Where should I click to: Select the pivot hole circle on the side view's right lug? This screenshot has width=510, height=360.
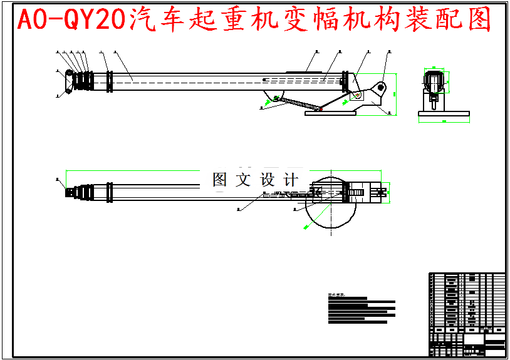click(x=381, y=87)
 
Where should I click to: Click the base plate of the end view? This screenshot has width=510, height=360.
click(x=444, y=113)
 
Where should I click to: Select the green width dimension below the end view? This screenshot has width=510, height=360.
click(x=444, y=120)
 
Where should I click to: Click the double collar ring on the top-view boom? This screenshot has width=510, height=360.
click(x=110, y=192)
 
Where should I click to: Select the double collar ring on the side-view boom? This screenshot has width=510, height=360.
click(x=110, y=81)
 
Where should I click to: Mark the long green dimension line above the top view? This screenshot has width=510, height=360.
click(x=226, y=170)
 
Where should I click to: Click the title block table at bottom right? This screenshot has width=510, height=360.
click(x=467, y=314)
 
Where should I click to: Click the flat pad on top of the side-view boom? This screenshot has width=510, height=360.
click(x=306, y=71)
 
